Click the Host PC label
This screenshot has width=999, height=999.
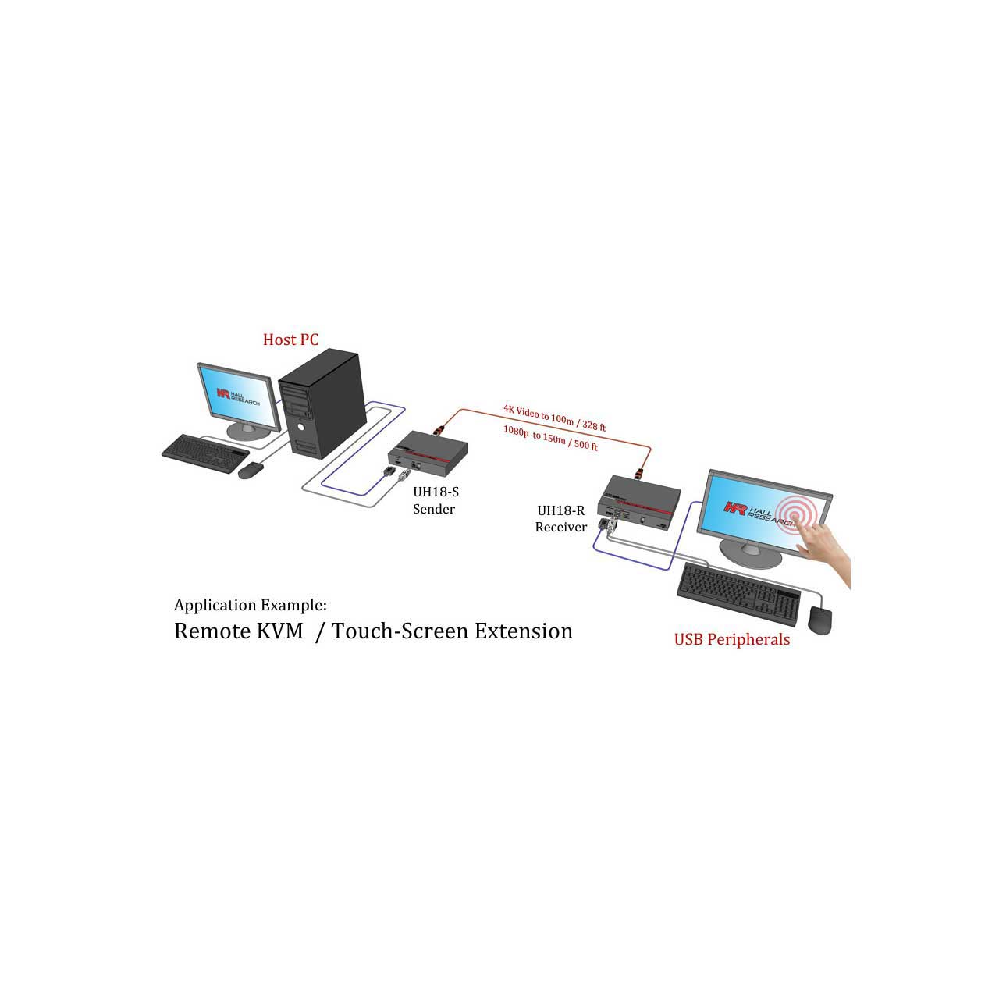click(x=290, y=340)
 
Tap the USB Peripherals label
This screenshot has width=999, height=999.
click(x=731, y=640)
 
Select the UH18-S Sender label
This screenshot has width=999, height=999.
click(x=436, y=500)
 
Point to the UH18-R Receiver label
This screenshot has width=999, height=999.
click(x=561, y=518)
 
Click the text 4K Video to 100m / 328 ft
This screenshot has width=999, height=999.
click(x=554, y=418)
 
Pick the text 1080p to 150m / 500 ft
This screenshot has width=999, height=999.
click(x=550, y=439)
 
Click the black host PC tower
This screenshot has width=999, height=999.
click(x=322, y=403)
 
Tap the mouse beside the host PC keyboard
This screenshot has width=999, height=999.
click(x=251, y=470)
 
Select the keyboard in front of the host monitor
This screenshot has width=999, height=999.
click(x=205, y=453)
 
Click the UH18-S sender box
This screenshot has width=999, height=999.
click(x=428, y=453)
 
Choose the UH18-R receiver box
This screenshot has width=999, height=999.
click(x=638, y=501)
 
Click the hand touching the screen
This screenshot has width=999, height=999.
click(x=824, y=552)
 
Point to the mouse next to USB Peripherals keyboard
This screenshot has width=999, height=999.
click(x=820, y=619)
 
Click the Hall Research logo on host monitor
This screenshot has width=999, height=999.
click(x=238, y=396)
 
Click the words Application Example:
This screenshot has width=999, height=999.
click(x=251, y=605)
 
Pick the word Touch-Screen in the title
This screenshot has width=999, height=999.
click(x=400, y=631)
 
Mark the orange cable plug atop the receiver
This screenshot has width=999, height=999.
click(x=639, y=473)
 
